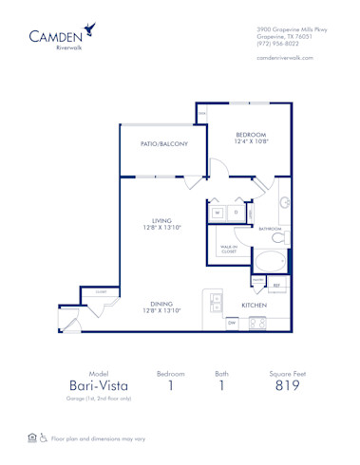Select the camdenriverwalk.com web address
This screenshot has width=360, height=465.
tap(285, 57)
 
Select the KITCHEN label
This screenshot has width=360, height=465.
tap(253, 306)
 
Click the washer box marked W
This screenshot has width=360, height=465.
tap(218, 213)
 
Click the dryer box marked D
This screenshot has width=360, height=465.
tap(236, 213)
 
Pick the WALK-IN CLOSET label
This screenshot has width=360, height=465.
tap(229, 249)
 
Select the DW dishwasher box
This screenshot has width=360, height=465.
tap(231, 324)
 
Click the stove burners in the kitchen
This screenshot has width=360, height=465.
tap(256, 324)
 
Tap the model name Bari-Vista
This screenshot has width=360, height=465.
tap(98, 386)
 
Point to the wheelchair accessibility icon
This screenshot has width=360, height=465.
tap(42, 439)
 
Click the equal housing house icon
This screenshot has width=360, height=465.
tap(31, 439)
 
